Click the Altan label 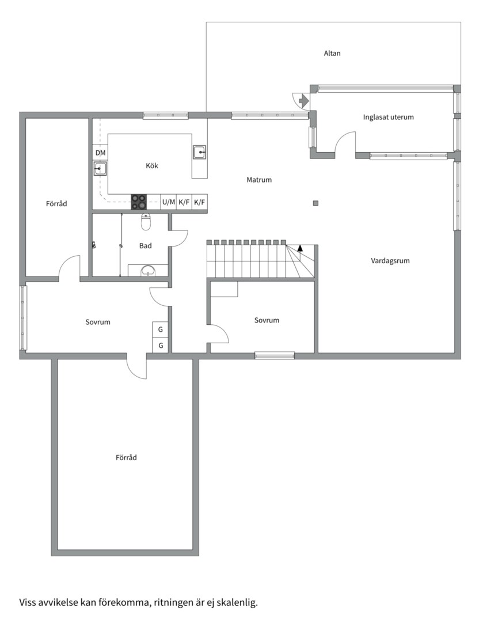pyautogui.click(x=332, y=54)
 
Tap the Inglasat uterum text pyautogui.click(x=388, y=117)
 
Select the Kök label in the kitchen pyautogui.click(x=152, y=166)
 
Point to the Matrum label pyautogui.click(x=259, y=180)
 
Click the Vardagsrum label pyautogui.click(x=390, y=261)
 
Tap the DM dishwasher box pyautogui.click(x=100, y=153)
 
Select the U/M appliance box pyautogui.click(x=168, y=202)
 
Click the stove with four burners pyautogui.click(x=139, y=202)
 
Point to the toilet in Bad pyautogui.click(x=146, y=222)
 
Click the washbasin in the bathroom pyautogui.click(x=148, y=270)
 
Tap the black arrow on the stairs pyautogui.click(x=300, y=249)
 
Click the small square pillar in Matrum pyautogui.click(x=315, y=203)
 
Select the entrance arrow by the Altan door pyautogui.click(x=303, y=101)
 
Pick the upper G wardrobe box pyautogui.click(x=161, y=329)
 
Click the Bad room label pyautogui.click(x=146, y=246)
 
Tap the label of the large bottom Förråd pyautogui.click(x=126, y=458)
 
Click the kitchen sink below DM pyautogui.click(x=100, y=169)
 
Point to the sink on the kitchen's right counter pyautogui.click(x=199, y=152)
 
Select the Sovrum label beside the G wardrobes pyautogui.click(x=97, y=322)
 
